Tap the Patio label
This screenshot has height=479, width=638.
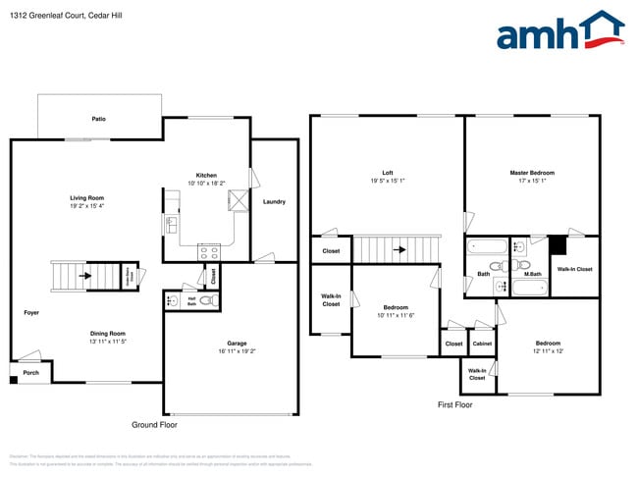click(x=99, y=119)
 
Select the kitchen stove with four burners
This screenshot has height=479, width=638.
click(x=209, y=250)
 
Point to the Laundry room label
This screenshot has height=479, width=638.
click(x=274, y=202)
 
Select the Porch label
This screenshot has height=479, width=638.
click(x=31, y=373)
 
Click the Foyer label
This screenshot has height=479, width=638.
click(x=32, y=312)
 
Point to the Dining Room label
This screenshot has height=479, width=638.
click(x=107, y=333)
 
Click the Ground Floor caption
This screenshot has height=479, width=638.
click(x=155, y=425)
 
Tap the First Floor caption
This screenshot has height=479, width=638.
click(x=454, y=404)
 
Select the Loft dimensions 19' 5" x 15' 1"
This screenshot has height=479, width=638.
click(x=388, y=181)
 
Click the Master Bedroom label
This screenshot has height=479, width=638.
click(x=531, y=173)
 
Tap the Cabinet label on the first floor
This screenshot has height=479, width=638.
click(x=482, y=344)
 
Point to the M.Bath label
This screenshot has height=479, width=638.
click(x=532, y=274)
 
